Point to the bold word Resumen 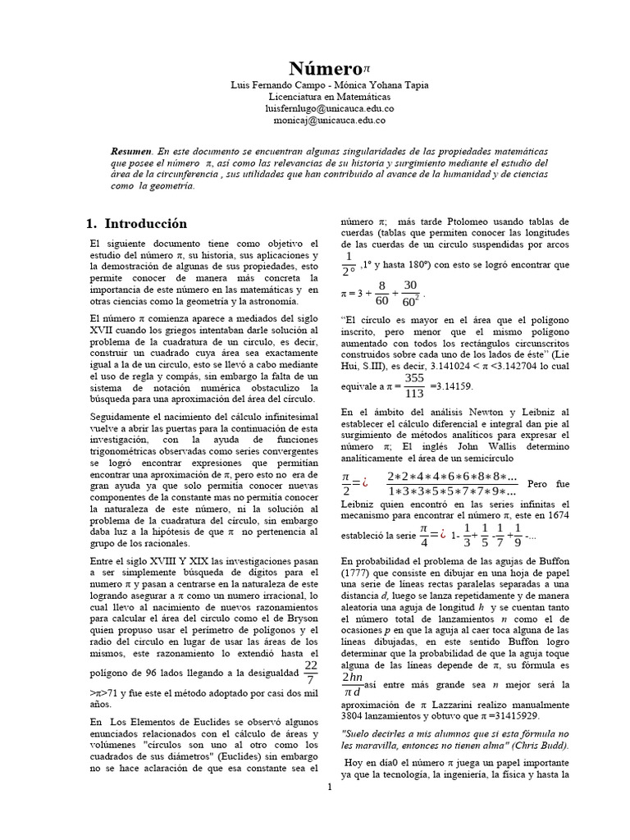tap(131, 153)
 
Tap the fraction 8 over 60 tap(382, 293)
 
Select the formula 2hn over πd tap(351, 686)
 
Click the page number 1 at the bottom tap(329, 788)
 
